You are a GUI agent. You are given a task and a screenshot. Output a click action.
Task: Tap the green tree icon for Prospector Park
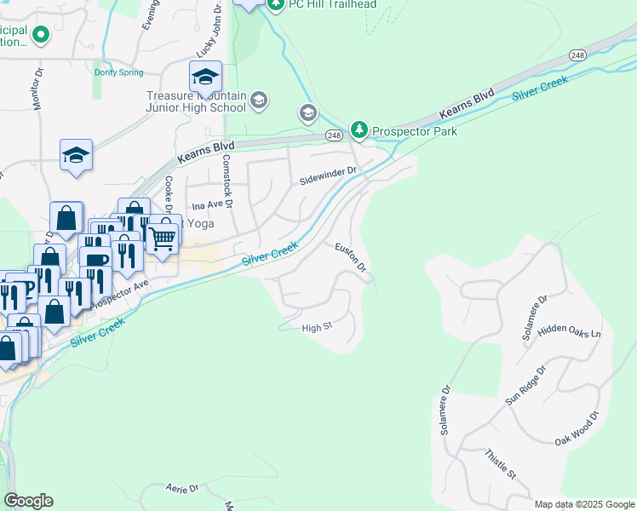pyautogui.click(x=360, y=129)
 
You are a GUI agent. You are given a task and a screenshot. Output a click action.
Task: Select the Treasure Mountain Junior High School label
pyautogui.click(x=196, y=102)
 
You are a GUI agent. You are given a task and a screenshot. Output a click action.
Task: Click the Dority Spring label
pyautogui.click(x=118, y=72)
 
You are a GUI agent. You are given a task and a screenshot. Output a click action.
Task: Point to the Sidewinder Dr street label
pyautogui.click(x=326, y=181)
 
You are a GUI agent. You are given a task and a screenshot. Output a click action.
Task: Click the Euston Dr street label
pyautogui.click(x=350, y=257)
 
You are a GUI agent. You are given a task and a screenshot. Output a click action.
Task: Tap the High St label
pyautogui.click(x=315, y=327)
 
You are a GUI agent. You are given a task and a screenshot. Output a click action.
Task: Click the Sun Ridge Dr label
pyautogui.click(x=524, y=388)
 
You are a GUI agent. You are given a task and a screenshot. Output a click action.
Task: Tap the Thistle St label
pyautogui.click(x=500, y=464)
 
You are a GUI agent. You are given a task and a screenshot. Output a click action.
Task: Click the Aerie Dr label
pyautogui.click(x=181, y=488)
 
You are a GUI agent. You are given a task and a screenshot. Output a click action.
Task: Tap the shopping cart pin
pyautogui.click(x=162, y=238)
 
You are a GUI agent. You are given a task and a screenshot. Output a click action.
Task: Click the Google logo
pyautogui.click(x=28, y=501)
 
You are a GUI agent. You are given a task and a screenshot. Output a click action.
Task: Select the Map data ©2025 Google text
pyautogui.click(x=584, y=504)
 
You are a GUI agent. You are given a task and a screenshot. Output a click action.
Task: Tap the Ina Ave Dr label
pyautogui.click(x=212, y=206)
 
